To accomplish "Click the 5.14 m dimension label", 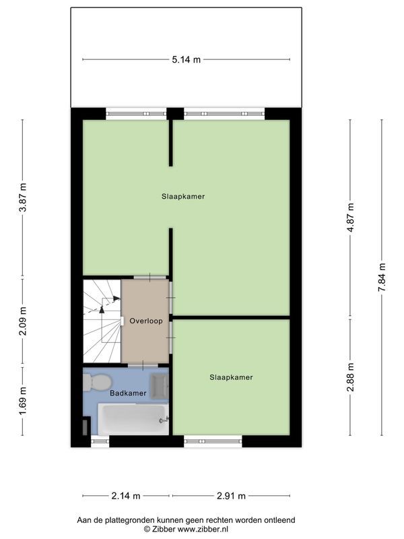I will (186, 60).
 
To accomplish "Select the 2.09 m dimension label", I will (23, 321).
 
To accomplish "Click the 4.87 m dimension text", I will (349, 217).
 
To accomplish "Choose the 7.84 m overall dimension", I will (381, 276).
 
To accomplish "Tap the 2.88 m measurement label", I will (349, 377).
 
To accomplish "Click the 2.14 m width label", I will (127, 496).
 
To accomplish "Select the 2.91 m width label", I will (231, 496).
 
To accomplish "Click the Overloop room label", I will (146, 321).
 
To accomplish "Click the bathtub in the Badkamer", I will (133, 419).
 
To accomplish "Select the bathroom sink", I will (159, 385).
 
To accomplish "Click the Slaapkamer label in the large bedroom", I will (182, 197).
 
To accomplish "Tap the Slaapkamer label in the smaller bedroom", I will (231, 377).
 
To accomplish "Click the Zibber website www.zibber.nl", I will (205, 530).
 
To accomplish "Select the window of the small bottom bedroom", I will (213, 441).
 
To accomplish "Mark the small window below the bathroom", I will (100, 441).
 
